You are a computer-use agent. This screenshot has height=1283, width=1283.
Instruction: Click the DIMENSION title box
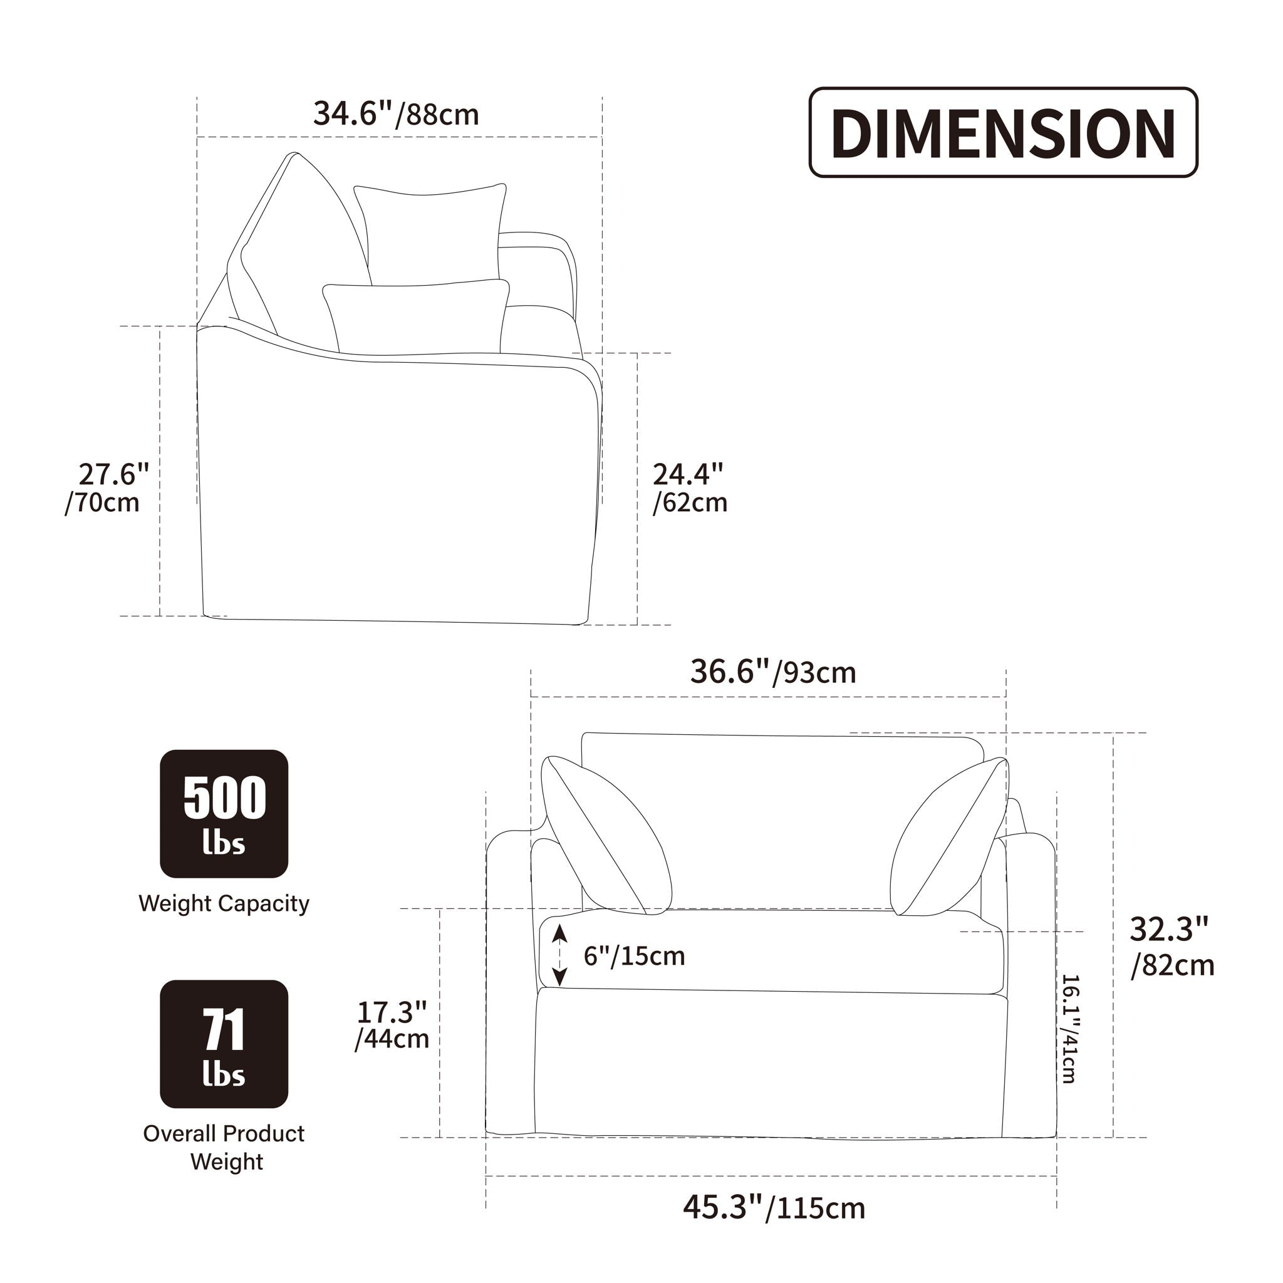coord(1003,132)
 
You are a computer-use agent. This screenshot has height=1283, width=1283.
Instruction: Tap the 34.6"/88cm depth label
coord(397,114)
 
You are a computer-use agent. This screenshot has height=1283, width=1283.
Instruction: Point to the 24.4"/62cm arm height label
coord(690,488)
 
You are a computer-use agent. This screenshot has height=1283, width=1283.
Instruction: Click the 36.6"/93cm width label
coord(773,672)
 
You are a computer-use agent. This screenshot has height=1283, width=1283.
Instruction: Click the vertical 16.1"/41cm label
coord(1069,1029)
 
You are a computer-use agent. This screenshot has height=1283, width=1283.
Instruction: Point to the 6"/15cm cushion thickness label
coord(634,955)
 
